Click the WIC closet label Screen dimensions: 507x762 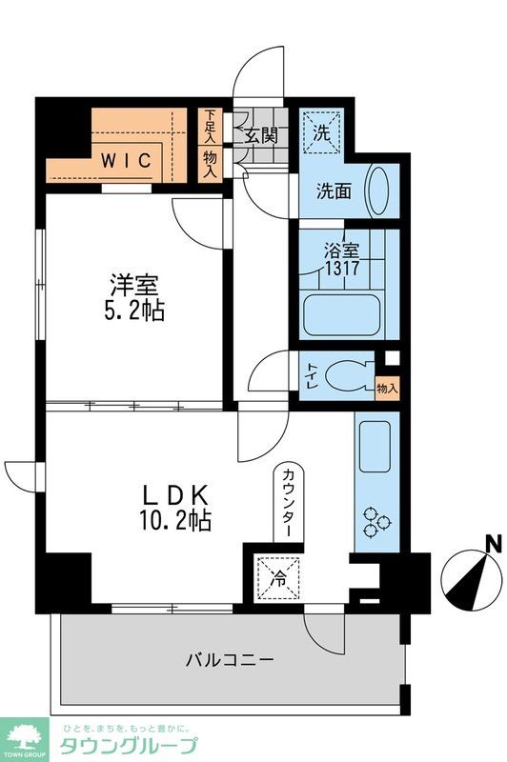click(126, 161)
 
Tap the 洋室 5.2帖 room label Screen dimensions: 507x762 click(134, 297)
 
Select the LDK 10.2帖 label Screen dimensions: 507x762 click(175, 508)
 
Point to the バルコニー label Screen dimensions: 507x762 click(230, 660)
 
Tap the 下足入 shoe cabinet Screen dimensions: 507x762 click(210, 126)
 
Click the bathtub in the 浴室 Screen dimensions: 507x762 click(340, 315)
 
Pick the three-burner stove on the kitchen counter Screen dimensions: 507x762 click(376, 522)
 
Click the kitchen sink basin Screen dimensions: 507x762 click(375, 447)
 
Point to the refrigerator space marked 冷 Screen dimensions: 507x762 click(278, 578)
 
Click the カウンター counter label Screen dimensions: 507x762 click(288, 502)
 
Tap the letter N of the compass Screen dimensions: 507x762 click(495, 543)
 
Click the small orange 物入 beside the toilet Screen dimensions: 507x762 click(388, 389)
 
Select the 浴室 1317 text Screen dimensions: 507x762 click(342, 259)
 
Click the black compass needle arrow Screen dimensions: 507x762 click(467, 581)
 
